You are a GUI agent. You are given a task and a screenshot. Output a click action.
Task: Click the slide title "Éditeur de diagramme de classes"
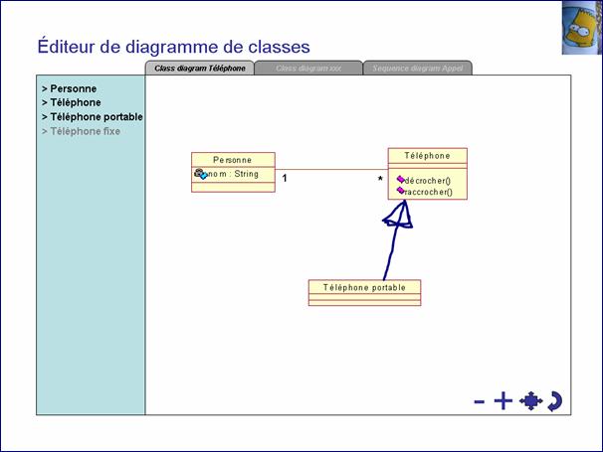[173, 47]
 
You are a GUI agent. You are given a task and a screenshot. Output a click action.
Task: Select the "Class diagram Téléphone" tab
[199, 68]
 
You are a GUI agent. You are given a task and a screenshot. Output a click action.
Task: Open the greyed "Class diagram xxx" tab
[307, 68]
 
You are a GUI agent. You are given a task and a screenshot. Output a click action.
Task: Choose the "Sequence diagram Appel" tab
[417, 68]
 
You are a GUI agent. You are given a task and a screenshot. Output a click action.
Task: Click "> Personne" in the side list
[69, 88]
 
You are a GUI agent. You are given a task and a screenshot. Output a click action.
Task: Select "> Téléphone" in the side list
[71, 102]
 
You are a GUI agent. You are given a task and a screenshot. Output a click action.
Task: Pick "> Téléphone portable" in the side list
[92, 116]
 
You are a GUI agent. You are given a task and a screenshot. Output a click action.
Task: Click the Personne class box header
[233, 159]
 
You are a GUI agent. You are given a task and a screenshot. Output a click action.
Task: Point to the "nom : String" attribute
[232, 174]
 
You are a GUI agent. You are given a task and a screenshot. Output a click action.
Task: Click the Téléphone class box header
[427, 156]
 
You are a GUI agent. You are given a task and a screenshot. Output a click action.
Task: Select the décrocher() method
[428, 180]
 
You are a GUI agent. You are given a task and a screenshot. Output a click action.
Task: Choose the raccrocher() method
[429, 192]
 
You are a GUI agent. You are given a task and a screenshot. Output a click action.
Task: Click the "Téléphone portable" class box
[364, 287]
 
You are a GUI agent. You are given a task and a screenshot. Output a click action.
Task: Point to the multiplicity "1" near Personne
[285, 179]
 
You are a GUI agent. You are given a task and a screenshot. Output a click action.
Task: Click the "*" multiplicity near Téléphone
[379, 180]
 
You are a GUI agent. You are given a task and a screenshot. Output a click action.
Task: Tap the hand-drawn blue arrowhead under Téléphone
[399, 217]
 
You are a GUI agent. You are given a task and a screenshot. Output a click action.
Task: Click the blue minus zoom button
[480, 401]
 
